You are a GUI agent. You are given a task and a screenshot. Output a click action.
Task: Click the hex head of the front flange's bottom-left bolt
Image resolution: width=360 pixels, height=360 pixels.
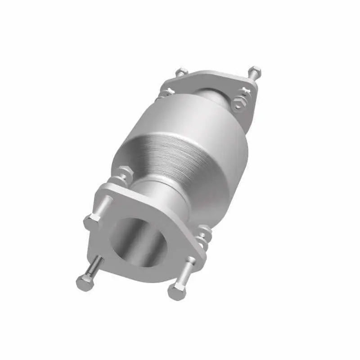[x=84, y=283]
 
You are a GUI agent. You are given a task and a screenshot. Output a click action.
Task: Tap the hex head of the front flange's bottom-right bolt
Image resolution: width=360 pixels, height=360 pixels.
[x=176, y=292]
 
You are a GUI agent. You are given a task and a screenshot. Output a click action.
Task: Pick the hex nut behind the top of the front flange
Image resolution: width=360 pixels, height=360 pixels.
[x=125, y=173]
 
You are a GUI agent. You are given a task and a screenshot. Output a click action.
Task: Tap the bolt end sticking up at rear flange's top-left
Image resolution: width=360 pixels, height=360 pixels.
[x=181, y=72]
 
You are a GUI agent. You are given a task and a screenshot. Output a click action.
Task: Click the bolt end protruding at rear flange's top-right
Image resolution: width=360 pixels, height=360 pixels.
[x=255, y=71]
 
